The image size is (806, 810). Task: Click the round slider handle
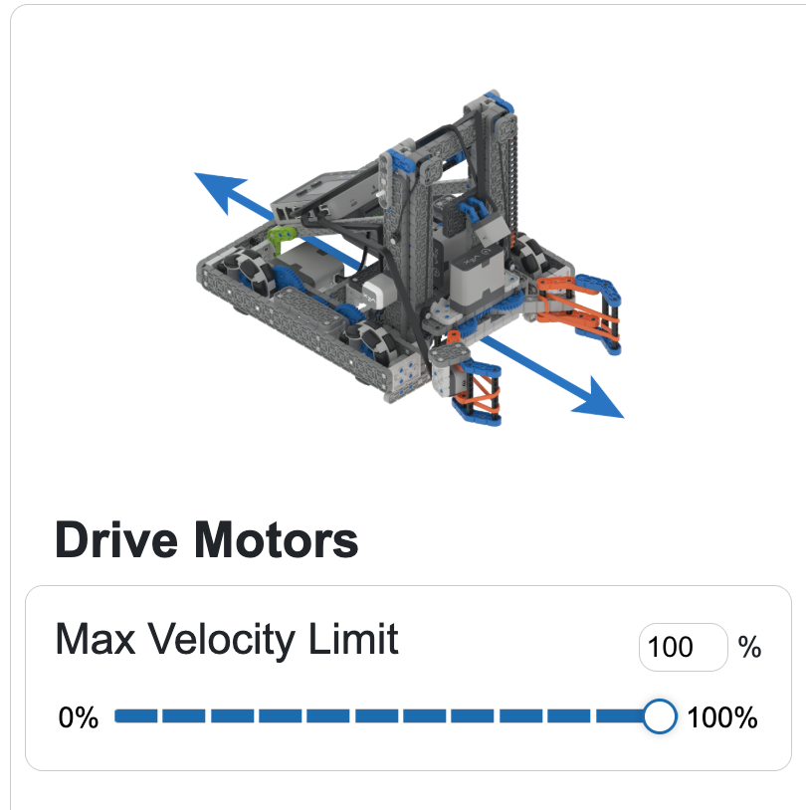click(659, 716)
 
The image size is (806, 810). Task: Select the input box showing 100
click(683, 648)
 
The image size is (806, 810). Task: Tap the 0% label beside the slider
click(79, 717)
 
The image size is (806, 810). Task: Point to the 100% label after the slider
click(722, 717)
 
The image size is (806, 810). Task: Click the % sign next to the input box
click(750, 648)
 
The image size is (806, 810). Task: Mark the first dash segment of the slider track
click(134, 716)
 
